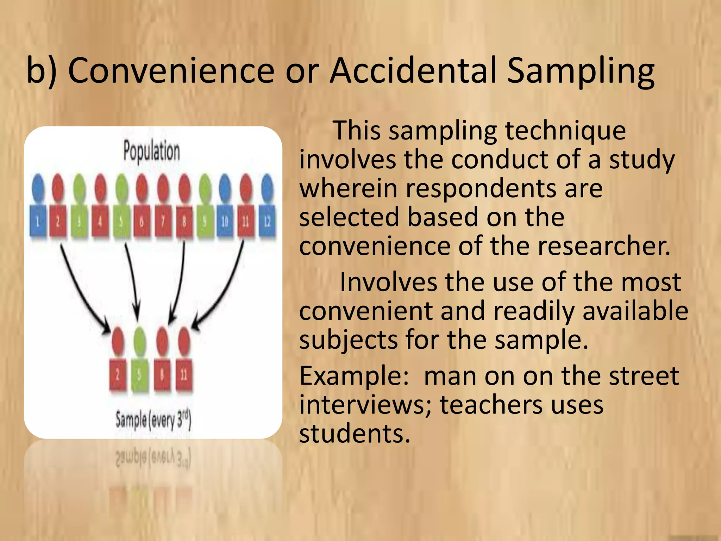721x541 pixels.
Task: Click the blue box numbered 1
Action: pyautogui.click(x=38, y=221)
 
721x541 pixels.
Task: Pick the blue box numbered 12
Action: pyautogui.click(x=267, y=221)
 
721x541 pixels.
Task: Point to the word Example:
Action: pyautogui.click(x=354, y=376)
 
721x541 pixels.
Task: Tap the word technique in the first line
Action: pyautogui.click(x=565, y=130)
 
